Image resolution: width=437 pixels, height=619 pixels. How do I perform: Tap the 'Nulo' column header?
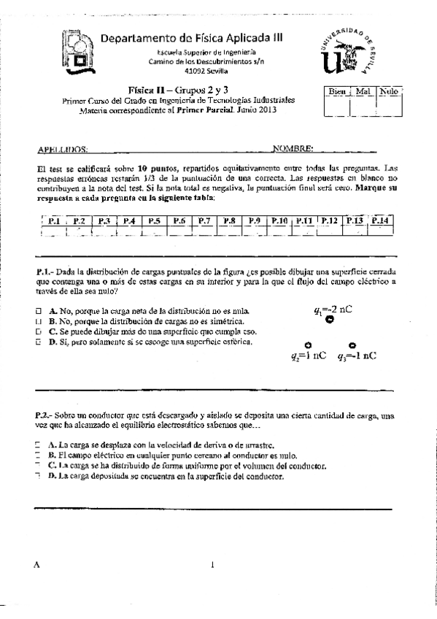(389, 93)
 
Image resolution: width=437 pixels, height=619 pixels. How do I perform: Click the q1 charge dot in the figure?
(329, 319)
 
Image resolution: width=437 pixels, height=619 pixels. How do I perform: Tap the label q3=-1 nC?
(357, 356)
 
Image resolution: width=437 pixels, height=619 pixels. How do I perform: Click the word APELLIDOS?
(62, 148)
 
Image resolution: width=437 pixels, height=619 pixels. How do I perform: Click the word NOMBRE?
(293, 148)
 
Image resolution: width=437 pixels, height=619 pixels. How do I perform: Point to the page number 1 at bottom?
(212, 564)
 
